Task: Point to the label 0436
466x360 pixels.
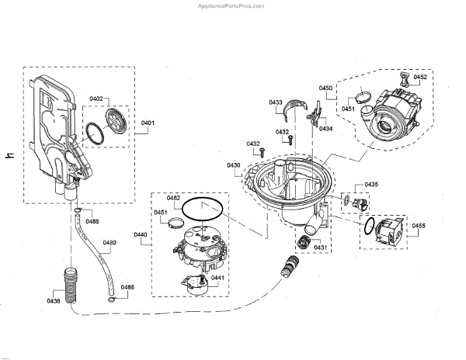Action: (54, 301)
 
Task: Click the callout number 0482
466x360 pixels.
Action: (173, 199)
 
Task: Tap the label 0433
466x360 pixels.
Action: (276, 102)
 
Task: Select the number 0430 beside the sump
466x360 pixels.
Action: (233, 166)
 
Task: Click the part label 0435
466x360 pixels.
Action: (371, 184)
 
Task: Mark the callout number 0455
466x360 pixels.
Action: (419, 226)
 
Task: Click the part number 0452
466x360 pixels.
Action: (419, 78)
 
